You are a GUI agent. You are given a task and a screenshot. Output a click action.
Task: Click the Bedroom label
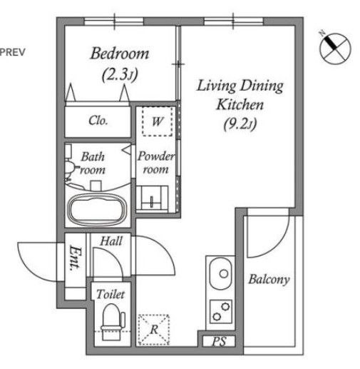click(120, 54)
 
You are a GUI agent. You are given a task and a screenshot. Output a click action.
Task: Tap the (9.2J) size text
click(240, 124)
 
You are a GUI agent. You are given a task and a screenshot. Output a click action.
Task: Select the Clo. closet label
click(98, 121)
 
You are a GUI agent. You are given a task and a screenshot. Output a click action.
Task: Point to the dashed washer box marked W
click(158, 121)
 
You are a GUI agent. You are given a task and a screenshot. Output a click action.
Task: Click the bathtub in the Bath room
click(98, 209)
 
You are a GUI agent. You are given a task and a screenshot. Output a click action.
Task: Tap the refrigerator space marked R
click(154, 329)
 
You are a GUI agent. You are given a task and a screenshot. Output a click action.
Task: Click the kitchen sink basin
click(220, 273)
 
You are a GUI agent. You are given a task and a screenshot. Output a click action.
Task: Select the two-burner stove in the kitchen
click(221, 311)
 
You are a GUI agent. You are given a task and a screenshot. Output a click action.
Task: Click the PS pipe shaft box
click(219, 341)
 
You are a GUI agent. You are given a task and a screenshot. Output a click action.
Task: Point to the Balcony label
click(269, 279)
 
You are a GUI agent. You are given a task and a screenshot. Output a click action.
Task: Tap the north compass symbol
click(335, 49)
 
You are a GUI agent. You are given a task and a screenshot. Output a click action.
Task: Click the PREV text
click(12, 52)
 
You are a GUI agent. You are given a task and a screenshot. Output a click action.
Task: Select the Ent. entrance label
click(75, 258)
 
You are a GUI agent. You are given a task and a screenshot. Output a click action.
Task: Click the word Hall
click(111, 241)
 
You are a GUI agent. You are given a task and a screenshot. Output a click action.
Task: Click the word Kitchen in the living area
click(240, 104)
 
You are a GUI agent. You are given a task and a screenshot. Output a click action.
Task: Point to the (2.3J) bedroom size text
click(120, 75)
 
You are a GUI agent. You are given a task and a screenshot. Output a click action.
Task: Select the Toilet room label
click(110, 294)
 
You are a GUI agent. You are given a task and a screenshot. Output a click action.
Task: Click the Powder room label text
click(156, 163)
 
